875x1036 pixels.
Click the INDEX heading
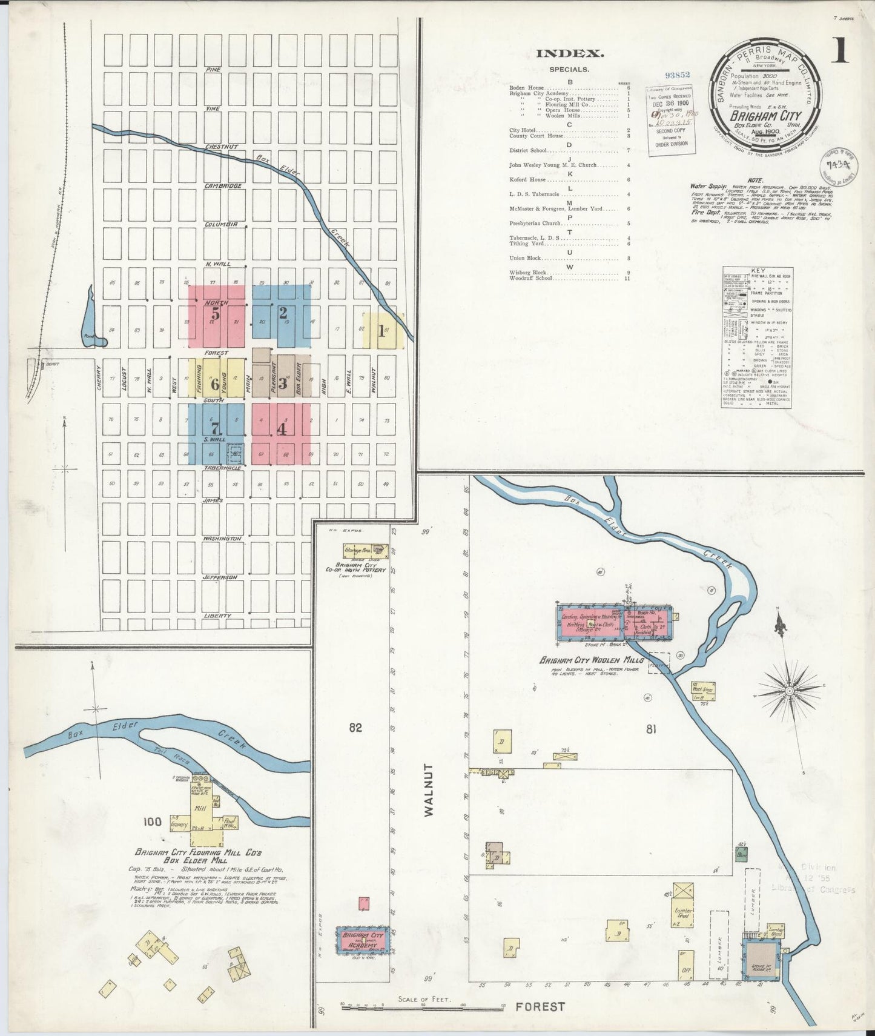tap(569, 54)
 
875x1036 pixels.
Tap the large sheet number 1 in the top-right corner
tap(839, 51)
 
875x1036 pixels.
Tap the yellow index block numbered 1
tap(382, 331)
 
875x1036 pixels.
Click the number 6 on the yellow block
tap(215, 384)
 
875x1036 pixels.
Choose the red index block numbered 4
tap(281, 429)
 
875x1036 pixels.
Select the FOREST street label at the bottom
tap(540, 1006)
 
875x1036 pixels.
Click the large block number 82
tap(355, 728)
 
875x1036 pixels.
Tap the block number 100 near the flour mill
tap(153, 822)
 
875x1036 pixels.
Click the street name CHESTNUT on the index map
tap(222, 147)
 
